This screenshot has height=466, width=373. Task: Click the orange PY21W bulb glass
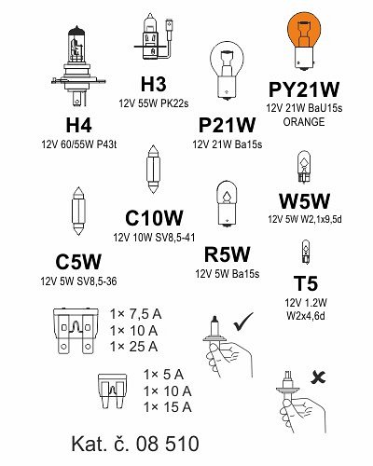coord(304,30)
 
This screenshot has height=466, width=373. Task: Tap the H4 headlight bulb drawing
coord(78,67)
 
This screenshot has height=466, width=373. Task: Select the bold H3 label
coord(154,85)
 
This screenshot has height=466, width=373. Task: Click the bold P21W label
coord(227,125)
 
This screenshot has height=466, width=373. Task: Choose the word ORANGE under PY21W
coord(304,122)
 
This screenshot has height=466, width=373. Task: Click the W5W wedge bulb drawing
coord(304,167)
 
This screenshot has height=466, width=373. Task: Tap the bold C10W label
coord(154,218)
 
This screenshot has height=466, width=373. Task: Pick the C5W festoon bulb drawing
coord(78,211)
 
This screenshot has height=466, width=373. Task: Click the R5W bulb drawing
coord(227,204)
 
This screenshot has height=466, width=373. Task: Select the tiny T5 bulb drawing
coord(306,253)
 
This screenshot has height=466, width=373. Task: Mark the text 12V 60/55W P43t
coord(79,144)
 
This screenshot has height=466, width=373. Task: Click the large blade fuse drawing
coord(76,331)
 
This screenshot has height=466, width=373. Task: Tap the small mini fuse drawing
coord(112,391)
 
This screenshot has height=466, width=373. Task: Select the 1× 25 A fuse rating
coord(134,347)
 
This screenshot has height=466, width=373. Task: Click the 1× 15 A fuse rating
coord(168,407)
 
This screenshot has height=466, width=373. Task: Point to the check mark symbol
coord(243,322)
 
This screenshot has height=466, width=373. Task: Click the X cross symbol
coord(318,377)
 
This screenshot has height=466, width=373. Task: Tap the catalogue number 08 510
coord(167,444)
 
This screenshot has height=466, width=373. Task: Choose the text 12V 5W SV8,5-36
coord(79,281)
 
